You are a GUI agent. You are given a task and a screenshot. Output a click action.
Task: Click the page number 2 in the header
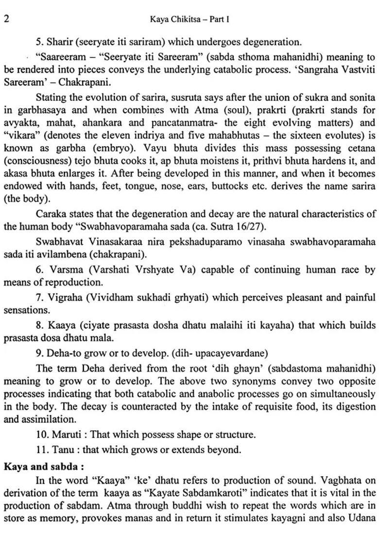(x=6, y=19)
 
